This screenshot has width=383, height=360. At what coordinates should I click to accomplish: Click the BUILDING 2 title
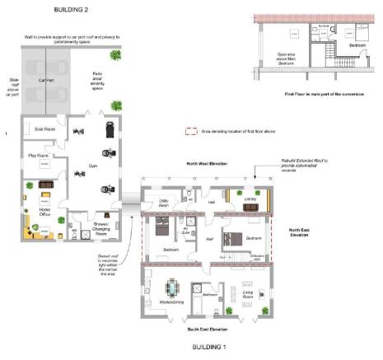coord(72,10)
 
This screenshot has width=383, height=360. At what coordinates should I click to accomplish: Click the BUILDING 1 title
coord(212,347)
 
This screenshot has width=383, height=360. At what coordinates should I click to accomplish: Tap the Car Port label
coord(47,81)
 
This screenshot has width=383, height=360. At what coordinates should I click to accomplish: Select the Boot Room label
coord(44,129)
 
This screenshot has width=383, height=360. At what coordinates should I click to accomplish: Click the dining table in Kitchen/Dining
coord(172,288)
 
